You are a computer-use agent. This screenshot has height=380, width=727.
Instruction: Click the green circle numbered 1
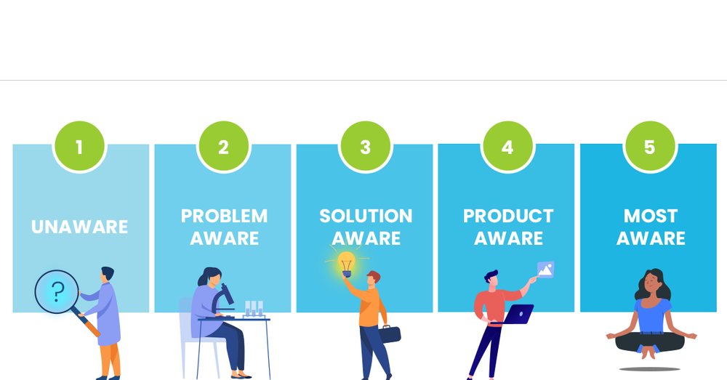[x=79, y=147]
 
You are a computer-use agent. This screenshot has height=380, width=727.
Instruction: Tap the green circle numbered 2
[x=223, y=147]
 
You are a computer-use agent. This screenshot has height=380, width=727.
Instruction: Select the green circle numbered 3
[x=365, y=147]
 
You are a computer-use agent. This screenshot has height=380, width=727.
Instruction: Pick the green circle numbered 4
[x=507, y=147]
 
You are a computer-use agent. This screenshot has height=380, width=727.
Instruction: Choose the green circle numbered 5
[x=650, y=147]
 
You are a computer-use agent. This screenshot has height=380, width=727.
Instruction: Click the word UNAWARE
[x=80, y=227]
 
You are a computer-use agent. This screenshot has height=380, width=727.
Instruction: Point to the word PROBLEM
[x=224, y=216]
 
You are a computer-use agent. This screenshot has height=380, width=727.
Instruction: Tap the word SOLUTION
[x=366, y=216]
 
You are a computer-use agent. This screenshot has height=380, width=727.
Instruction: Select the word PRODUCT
[x=508, y=216]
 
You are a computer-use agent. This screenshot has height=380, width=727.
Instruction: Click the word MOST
[x=651, y=216]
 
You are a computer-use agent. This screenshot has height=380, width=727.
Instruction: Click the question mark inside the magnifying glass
[x=57, y=291]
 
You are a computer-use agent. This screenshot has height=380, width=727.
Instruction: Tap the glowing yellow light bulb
[x=346, y=263]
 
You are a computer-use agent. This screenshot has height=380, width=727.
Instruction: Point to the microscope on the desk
[x=225, y=299]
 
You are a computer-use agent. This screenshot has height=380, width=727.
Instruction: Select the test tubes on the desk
[x=254, y=308]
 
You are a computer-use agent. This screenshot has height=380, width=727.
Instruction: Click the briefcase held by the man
[x=390, y=334]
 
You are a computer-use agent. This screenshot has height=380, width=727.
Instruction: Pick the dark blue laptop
[x=518, y=315]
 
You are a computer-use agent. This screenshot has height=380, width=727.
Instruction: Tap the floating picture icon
[x=545, y=270]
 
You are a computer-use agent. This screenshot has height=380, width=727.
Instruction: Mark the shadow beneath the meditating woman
[x=649, y=368]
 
